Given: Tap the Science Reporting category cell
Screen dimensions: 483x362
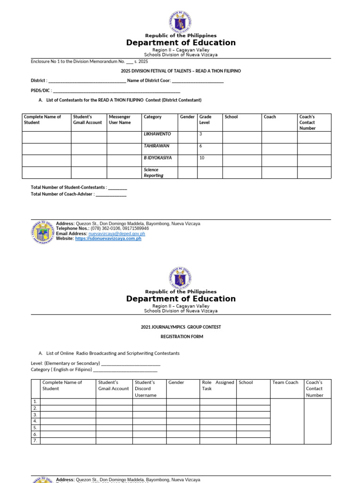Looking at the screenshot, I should (159, 173).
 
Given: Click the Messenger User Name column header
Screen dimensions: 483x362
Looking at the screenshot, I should (123, 120).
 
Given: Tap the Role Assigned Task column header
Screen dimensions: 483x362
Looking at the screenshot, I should (218, 385).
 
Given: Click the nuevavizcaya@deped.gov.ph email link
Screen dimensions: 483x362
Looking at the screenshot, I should (116, 233).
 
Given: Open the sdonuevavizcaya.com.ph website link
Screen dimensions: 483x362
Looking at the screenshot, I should (108, 239).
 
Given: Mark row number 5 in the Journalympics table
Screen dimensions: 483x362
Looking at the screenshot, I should (35, 427).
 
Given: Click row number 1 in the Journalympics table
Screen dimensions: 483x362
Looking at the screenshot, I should (35, 401).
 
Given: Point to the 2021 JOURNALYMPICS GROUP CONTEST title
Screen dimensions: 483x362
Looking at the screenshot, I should (181, 327).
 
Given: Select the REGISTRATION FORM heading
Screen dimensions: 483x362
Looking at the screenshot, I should (181, 337).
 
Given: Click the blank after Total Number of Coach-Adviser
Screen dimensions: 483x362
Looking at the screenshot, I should (111, 194).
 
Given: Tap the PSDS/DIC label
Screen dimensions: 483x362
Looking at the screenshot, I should (41, 90).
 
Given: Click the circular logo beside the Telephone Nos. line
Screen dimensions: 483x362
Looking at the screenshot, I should (43, 232).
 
